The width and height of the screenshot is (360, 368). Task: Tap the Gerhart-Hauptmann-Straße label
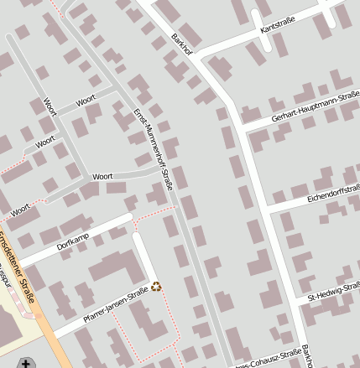(315, 112)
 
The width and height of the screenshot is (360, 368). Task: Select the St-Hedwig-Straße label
(334, 293)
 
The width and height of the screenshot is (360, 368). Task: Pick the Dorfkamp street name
(73, 239)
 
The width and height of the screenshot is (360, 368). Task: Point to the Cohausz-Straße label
(267, 359)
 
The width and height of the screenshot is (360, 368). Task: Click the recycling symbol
(155, 287)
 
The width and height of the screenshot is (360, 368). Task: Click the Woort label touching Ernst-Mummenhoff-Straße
(102, 177)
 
